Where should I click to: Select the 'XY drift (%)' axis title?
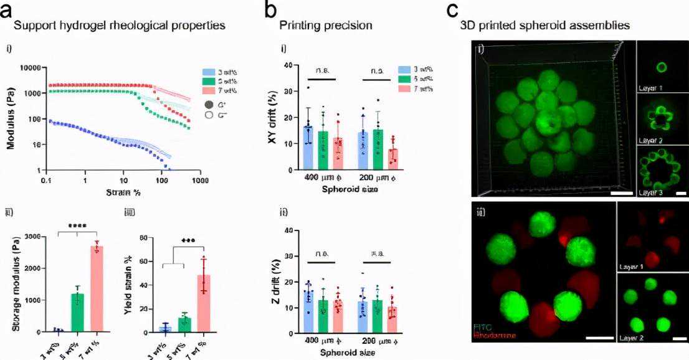(x=272, y=118)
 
